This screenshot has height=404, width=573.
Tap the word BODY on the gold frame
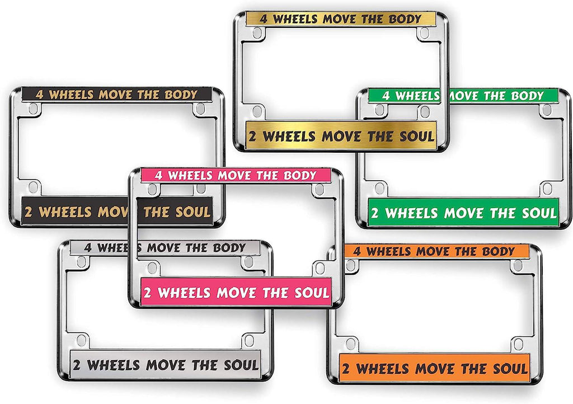tap(405, 19)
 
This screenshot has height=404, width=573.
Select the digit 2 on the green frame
tap(374, 213)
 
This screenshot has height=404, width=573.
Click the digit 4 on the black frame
tap(40, 95)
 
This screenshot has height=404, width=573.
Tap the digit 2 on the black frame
tap(28, 212)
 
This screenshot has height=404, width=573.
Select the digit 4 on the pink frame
tap(158, 175)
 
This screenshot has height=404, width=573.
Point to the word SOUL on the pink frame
tap(312, 293)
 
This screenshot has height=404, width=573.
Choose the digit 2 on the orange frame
tap(345, 369)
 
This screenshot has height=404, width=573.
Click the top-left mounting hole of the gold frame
tap(257, 33)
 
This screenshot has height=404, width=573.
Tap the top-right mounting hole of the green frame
tap(547, 109)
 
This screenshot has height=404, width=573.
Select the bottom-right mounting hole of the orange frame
tap(518, 344)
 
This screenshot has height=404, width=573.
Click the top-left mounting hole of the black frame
tap(33, 109)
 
